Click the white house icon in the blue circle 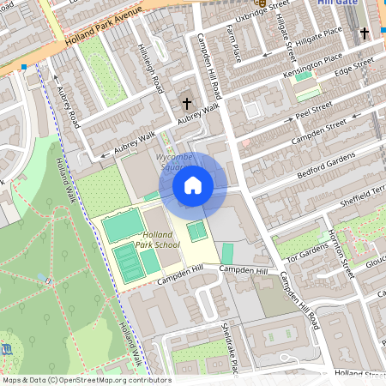pyautogui.click(x=192, y=184)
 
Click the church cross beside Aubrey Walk pyautogui.click(x=187, y=104)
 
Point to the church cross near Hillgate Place pyautogui.click(x=364, y=34)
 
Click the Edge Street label pyautogui.click(x=356, y=66)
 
